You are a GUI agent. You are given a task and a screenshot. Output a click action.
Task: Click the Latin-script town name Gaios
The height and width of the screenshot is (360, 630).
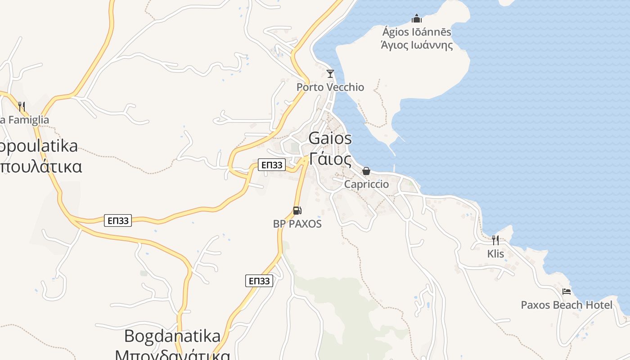(330, 139)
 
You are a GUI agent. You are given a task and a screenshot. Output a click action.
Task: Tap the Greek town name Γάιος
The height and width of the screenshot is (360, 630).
(330, 159)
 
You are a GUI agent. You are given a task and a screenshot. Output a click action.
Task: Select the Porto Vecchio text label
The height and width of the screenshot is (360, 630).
(330, 87)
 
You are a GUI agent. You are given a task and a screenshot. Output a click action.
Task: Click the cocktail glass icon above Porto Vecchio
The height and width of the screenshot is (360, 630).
(330, 73)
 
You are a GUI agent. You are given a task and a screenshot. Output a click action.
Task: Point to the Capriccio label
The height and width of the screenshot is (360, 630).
(366, 184)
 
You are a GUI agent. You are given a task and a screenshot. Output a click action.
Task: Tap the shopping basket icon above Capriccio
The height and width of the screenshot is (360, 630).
(366, 171)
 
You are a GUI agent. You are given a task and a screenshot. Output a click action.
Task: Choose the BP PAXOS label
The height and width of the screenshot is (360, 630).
(297, 224)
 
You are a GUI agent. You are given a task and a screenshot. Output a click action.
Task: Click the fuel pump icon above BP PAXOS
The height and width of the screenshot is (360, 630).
(297, 210)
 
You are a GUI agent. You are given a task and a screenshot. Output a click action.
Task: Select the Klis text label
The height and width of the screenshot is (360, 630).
(495, 254)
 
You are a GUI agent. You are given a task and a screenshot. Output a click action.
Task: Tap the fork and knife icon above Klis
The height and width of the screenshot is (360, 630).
(495, 240)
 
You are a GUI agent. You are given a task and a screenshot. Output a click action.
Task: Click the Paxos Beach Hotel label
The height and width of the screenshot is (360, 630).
(567, 305)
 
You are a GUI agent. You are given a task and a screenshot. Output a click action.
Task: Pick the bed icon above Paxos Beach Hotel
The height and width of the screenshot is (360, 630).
(567, 292)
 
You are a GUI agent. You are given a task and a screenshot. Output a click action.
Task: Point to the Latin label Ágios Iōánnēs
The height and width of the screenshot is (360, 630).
(417, 32)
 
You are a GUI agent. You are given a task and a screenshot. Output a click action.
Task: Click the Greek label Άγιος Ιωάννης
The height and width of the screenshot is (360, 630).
(417, 45)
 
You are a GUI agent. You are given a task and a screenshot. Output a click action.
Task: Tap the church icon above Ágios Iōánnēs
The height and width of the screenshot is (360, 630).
(417, 18)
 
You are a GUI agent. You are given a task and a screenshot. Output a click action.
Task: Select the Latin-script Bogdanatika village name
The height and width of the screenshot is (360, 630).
(172, 336)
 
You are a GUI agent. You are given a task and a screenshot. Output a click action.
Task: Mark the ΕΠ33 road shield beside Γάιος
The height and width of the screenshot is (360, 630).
(272, 165)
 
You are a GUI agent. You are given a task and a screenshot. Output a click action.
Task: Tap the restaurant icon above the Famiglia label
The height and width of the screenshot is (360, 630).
(21, 106)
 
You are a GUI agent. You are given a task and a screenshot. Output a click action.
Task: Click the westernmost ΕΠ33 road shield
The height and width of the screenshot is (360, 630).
(118, 220)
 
